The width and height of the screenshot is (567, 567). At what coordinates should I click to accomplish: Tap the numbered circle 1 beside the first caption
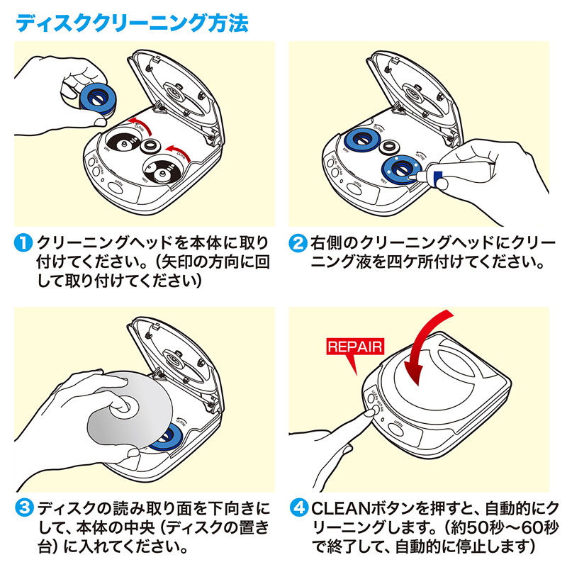coord(23,243)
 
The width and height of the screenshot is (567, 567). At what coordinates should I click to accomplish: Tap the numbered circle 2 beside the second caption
coord(299,243)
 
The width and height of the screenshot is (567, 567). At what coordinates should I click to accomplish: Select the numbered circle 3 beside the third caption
coord(23,509)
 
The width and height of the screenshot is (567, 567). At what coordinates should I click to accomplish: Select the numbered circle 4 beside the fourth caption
coord(299,509)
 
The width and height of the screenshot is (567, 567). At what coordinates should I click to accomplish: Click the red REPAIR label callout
coord(354,347)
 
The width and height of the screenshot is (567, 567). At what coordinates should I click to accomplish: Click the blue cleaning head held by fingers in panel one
coord(94,94)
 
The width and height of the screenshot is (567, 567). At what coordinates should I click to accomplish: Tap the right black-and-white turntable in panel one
coord(162,171)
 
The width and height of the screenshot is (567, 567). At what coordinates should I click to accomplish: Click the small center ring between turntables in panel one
coord(149,146)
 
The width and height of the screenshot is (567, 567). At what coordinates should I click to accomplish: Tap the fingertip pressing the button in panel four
coord(369,415)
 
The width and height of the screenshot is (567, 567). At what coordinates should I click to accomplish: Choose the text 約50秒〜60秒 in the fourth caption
coord(489,528)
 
